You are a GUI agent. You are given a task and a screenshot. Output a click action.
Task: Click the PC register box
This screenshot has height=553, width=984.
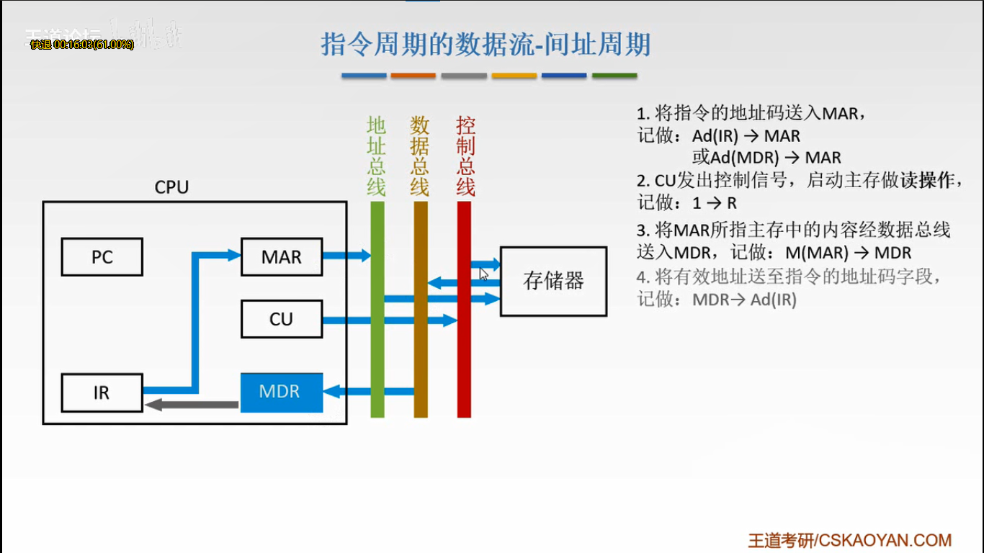[102, 257]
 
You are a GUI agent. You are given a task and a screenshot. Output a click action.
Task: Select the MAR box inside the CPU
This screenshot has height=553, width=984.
[281, 257]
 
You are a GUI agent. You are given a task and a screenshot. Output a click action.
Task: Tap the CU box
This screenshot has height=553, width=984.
[281, 319]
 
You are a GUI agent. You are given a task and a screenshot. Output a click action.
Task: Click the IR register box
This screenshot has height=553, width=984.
[102, 392]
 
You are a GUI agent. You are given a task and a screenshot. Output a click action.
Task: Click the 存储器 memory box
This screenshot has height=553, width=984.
[553, 281]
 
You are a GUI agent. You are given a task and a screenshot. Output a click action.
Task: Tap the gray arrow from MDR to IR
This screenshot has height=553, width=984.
[192, 405]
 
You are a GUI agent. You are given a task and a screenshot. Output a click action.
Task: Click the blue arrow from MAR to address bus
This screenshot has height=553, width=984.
[346, 255]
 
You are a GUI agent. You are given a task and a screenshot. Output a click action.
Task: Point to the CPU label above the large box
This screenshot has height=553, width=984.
[171, 187]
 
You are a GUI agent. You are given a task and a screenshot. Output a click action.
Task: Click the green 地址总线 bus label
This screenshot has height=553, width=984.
[377, 156]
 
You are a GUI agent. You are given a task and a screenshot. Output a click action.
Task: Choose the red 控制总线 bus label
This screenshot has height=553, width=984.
[466, 156]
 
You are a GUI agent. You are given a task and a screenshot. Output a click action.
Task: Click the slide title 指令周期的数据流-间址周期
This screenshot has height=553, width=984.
[486, 45]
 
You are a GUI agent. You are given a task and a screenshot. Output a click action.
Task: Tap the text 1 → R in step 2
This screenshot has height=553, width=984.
[714, 204]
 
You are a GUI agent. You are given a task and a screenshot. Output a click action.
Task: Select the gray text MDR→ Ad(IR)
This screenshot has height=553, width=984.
[744, 300]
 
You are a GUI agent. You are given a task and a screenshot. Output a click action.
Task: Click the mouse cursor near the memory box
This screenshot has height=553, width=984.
[484, 274]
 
